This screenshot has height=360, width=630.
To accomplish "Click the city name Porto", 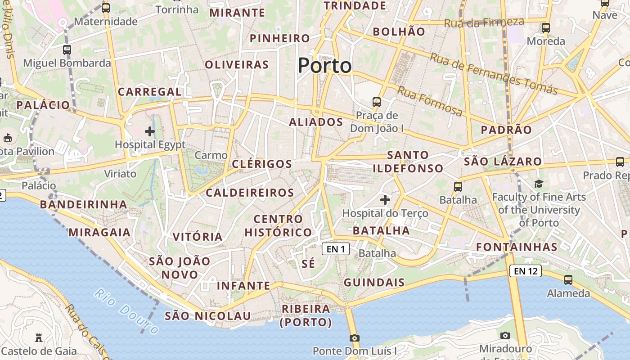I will pos(324,66).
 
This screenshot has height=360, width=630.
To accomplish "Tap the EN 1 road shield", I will pos(336,249).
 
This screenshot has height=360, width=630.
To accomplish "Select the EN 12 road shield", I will pos(525,271).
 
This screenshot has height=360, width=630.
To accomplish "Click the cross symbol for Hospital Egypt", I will pos(150,131).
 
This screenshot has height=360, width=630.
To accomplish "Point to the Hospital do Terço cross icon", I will pos(385,199).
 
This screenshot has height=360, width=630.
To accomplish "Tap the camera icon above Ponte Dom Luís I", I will pos(355,338).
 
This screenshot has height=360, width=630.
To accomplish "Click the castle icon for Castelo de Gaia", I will pos(39,337).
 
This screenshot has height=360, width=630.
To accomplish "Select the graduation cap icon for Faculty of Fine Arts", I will pos(539,184).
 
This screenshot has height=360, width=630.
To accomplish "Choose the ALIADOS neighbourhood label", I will pos(316,122).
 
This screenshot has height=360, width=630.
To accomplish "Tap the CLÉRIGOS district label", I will pos(262,164).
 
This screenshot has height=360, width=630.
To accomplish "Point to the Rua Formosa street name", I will pos(430,101).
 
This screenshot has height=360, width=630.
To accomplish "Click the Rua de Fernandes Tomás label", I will pos(494,74).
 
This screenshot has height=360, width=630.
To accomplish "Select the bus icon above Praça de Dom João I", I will pos(377,102).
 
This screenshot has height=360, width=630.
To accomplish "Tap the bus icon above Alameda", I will pos(568,279).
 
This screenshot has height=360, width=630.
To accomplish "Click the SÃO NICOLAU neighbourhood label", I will pos(207,316).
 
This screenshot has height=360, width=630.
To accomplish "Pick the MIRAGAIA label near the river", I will pos(99,232).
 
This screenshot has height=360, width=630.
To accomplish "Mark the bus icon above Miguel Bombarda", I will pos(67,50).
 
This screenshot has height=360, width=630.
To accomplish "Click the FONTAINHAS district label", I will pos(517,247).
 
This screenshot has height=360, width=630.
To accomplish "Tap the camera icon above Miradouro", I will pos(505,335).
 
